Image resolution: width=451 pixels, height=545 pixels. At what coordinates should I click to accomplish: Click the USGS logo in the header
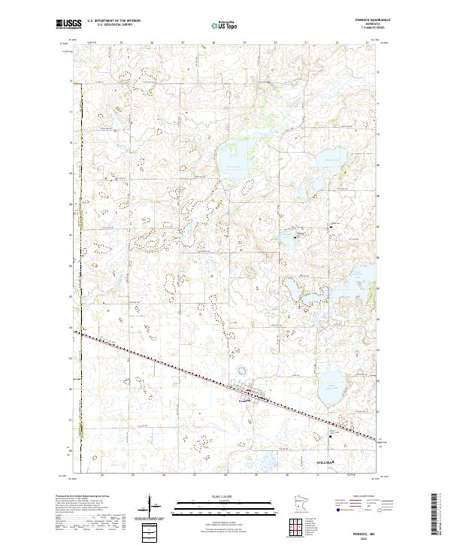[68, 24]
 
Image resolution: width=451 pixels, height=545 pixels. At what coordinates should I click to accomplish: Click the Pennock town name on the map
[243, 401]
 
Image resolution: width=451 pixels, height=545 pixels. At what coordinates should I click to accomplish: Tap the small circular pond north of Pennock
[241, 370]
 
